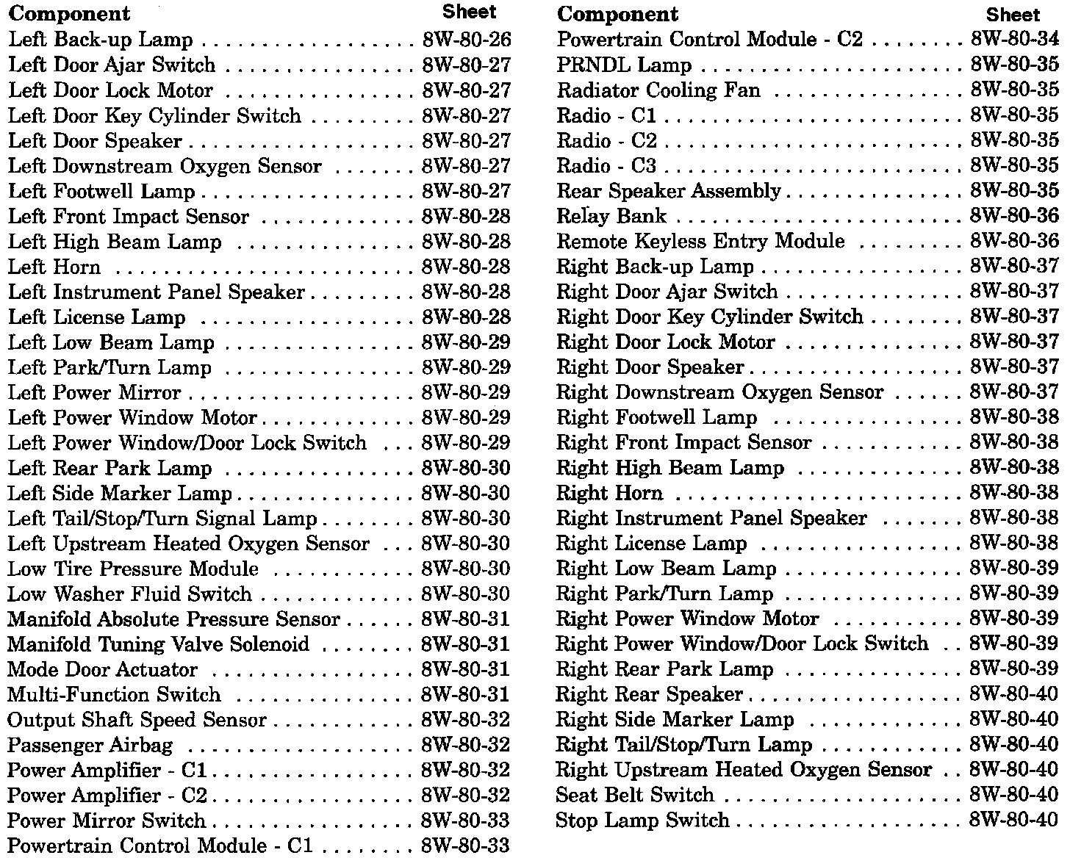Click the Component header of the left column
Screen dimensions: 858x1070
(69, 14)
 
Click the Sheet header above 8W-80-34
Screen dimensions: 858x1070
(1013, 15)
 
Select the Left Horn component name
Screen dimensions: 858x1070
(54, 267)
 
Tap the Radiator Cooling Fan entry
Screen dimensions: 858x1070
(658, 91)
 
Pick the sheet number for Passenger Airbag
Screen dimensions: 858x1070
(465, 746)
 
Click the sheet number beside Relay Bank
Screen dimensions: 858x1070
(1014, 217)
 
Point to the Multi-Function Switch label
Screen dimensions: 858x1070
(114, 695)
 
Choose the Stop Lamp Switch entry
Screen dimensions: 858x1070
(642, 821)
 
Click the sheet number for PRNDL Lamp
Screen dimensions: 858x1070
(1014, 65)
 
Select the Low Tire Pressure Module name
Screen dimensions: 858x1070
(133, 569)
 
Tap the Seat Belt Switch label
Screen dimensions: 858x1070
(635, 796)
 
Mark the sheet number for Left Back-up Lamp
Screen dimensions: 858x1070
(466, 40)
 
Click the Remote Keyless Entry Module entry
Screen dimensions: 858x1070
(700, 242)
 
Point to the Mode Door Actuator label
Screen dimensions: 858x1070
(102, 670)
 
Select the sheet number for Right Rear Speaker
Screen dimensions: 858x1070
(1013, 695)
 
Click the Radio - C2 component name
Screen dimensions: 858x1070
(606, 141)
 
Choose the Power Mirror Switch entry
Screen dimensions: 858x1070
(107, 821)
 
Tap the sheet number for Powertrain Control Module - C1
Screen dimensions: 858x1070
(465, 846)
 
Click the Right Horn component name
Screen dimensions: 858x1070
(609, 494)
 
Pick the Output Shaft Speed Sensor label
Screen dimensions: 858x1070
(137, 721)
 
